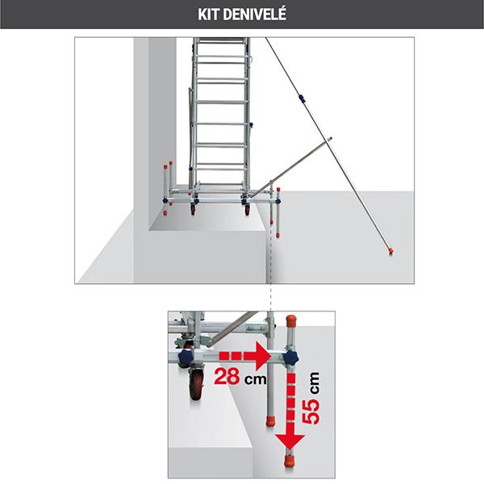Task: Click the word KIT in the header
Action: pyautogui.click(x=208, y=15)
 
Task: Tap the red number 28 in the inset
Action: pyautogui.click(x=229, y=376)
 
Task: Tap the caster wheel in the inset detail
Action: pyautogui.click(x=195, y=385)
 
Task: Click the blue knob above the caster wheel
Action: pyautogui.click(x=187, y=357)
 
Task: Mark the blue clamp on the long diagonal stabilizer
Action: pyautogui.click(x=301, y=100)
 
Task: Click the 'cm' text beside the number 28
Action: pyautogui.click(x=255, y=377)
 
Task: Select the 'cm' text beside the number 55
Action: pyautogui.click(x=313, y=382)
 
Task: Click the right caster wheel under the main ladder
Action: pyautogui.click(x=247, y=210)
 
